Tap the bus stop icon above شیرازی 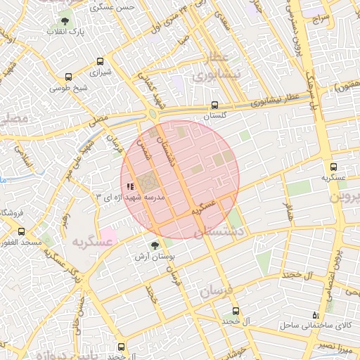pos(101,61)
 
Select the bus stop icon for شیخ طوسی pos(68,77)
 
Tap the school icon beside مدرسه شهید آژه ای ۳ pos(129,186)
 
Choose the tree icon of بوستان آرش pos(154,245)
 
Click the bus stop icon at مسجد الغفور pos(21,231)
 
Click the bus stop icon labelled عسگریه pos(333,167)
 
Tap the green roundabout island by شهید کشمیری pos(152,114)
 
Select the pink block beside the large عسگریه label pos(108,233)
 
